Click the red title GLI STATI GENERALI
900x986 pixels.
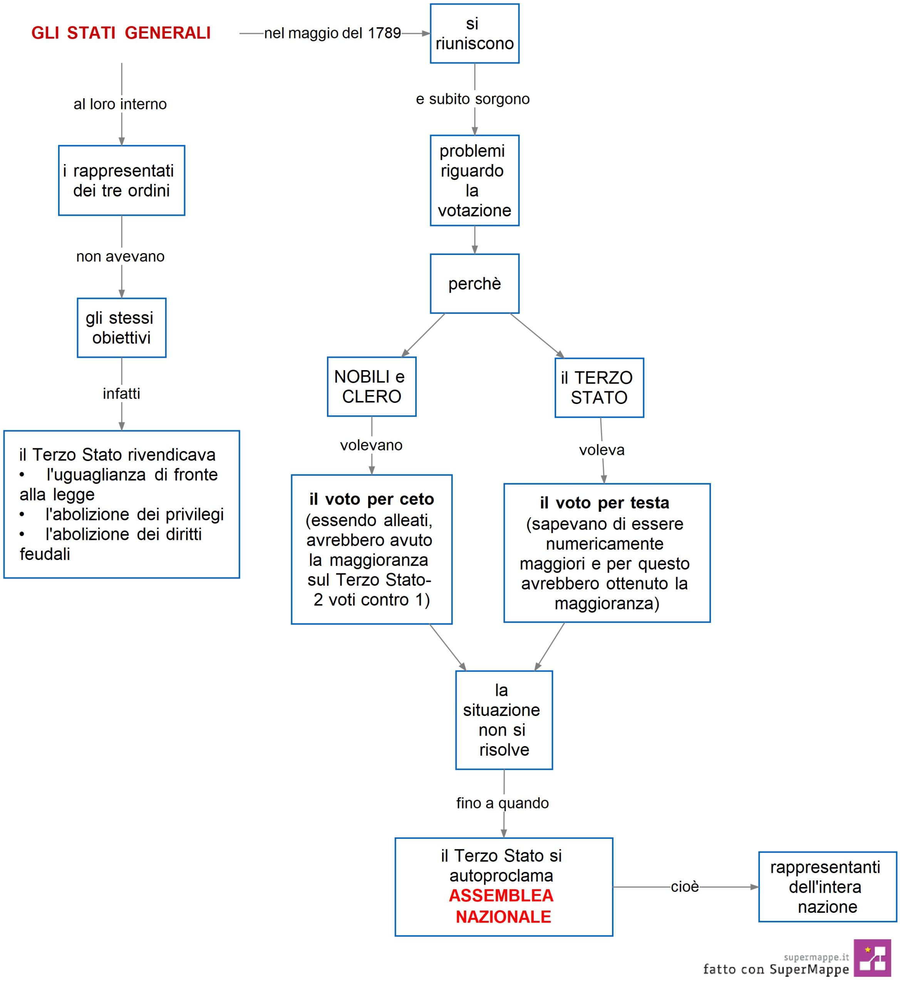[x=121, y=33]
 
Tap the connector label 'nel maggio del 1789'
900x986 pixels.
[x=333, y=33]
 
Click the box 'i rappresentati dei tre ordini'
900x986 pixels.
[x=122, y=181]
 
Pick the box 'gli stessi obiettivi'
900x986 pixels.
[x=122, y=328]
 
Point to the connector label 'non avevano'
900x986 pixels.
[x=120, y=256]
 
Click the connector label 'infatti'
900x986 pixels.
[x=121, y=393]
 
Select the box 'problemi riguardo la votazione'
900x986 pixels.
[x=474, y=181]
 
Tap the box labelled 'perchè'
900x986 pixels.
[x=474, y=284]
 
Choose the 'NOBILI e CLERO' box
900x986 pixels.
[x=372, y=386]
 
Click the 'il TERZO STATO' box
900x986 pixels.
[x=599, y=387]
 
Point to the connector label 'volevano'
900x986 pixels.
[x=371, y=445]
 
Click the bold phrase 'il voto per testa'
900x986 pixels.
[x=605, y=502]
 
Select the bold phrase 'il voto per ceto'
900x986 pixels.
[x=372, y=499]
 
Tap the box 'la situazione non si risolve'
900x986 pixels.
[x=504, y=720]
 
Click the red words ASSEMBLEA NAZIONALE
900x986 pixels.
[x=502, y=906]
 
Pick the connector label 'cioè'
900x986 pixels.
[x=685, y=887]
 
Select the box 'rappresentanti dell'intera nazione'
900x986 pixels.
[x=828, y=887]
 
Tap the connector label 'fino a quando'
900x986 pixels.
[x=502, y=803]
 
